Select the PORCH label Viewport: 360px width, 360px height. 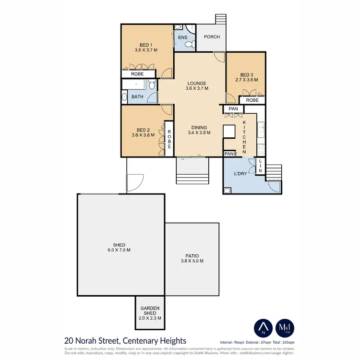point(212,37)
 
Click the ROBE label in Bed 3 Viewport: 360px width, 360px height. point(252,100)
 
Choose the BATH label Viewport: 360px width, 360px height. point(137,97)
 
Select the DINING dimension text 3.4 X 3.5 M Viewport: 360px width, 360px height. point(199,133)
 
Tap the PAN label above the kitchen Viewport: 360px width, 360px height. point(233,109)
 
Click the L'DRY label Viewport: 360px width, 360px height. point(240,174)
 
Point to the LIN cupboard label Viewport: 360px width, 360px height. point(260,166)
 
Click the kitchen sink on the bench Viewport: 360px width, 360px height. point(261,128)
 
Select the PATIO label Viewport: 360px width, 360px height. point(192,259)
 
